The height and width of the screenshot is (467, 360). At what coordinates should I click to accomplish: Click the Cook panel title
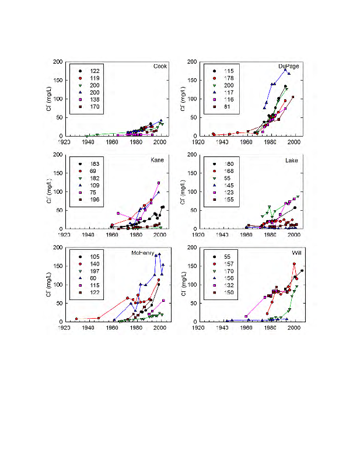(160, 66)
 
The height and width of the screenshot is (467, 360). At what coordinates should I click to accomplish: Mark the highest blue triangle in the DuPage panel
(285, 69)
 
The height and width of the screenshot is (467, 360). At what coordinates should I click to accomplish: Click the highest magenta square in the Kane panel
(159, 183)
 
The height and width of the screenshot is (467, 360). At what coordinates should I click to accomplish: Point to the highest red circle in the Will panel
(294, 264)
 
